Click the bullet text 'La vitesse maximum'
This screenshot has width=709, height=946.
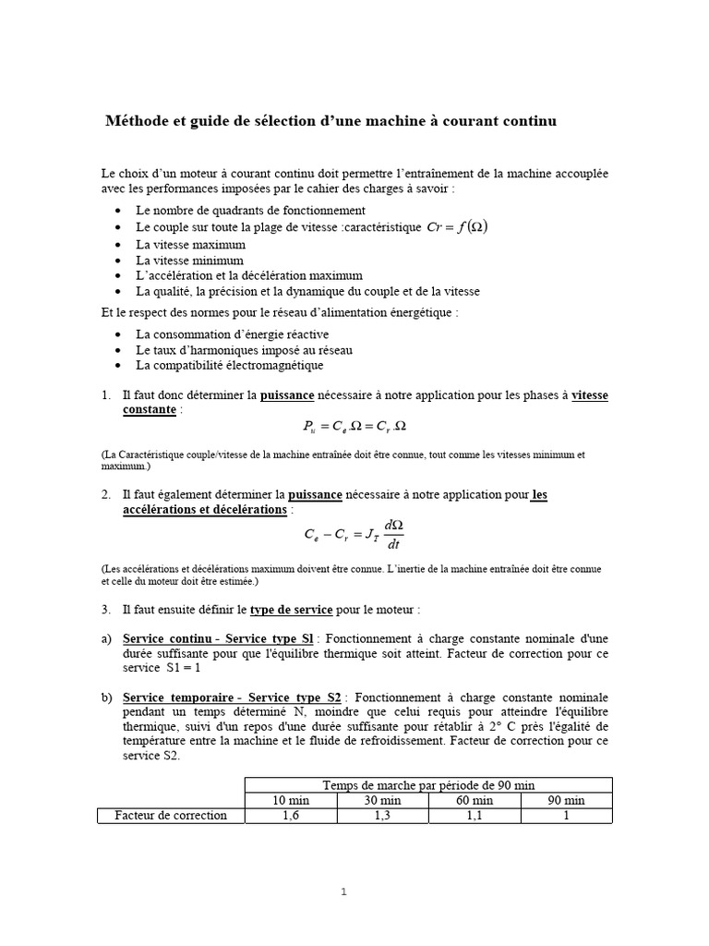tap(190, 244)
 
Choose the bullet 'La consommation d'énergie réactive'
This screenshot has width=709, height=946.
tap(231, 334)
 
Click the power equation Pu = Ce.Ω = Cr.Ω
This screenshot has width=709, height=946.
tap(354, 427)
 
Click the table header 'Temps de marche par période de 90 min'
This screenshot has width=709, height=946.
tap(428, 784)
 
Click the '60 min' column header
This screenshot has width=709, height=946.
tap(474, 800)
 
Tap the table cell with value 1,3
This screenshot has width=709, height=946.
tap(382, 816)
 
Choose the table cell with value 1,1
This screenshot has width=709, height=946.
tap(474, 816)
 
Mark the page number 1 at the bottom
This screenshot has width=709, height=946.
tap(343, 891)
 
